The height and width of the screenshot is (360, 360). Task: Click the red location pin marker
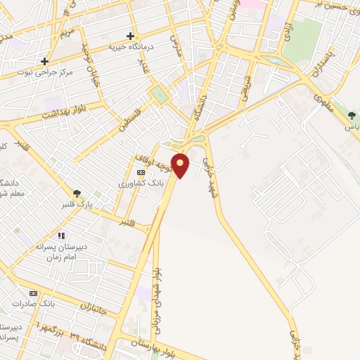tap(181, 165)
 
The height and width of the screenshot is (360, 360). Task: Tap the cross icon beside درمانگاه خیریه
tap(130, 36)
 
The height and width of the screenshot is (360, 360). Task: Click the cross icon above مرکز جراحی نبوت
tap(45, 61)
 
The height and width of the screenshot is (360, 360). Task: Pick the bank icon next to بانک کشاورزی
tap(141, 172)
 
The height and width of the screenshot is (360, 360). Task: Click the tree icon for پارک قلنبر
tap(76, 194)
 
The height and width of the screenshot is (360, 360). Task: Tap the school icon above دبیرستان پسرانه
tap(61, 236)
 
